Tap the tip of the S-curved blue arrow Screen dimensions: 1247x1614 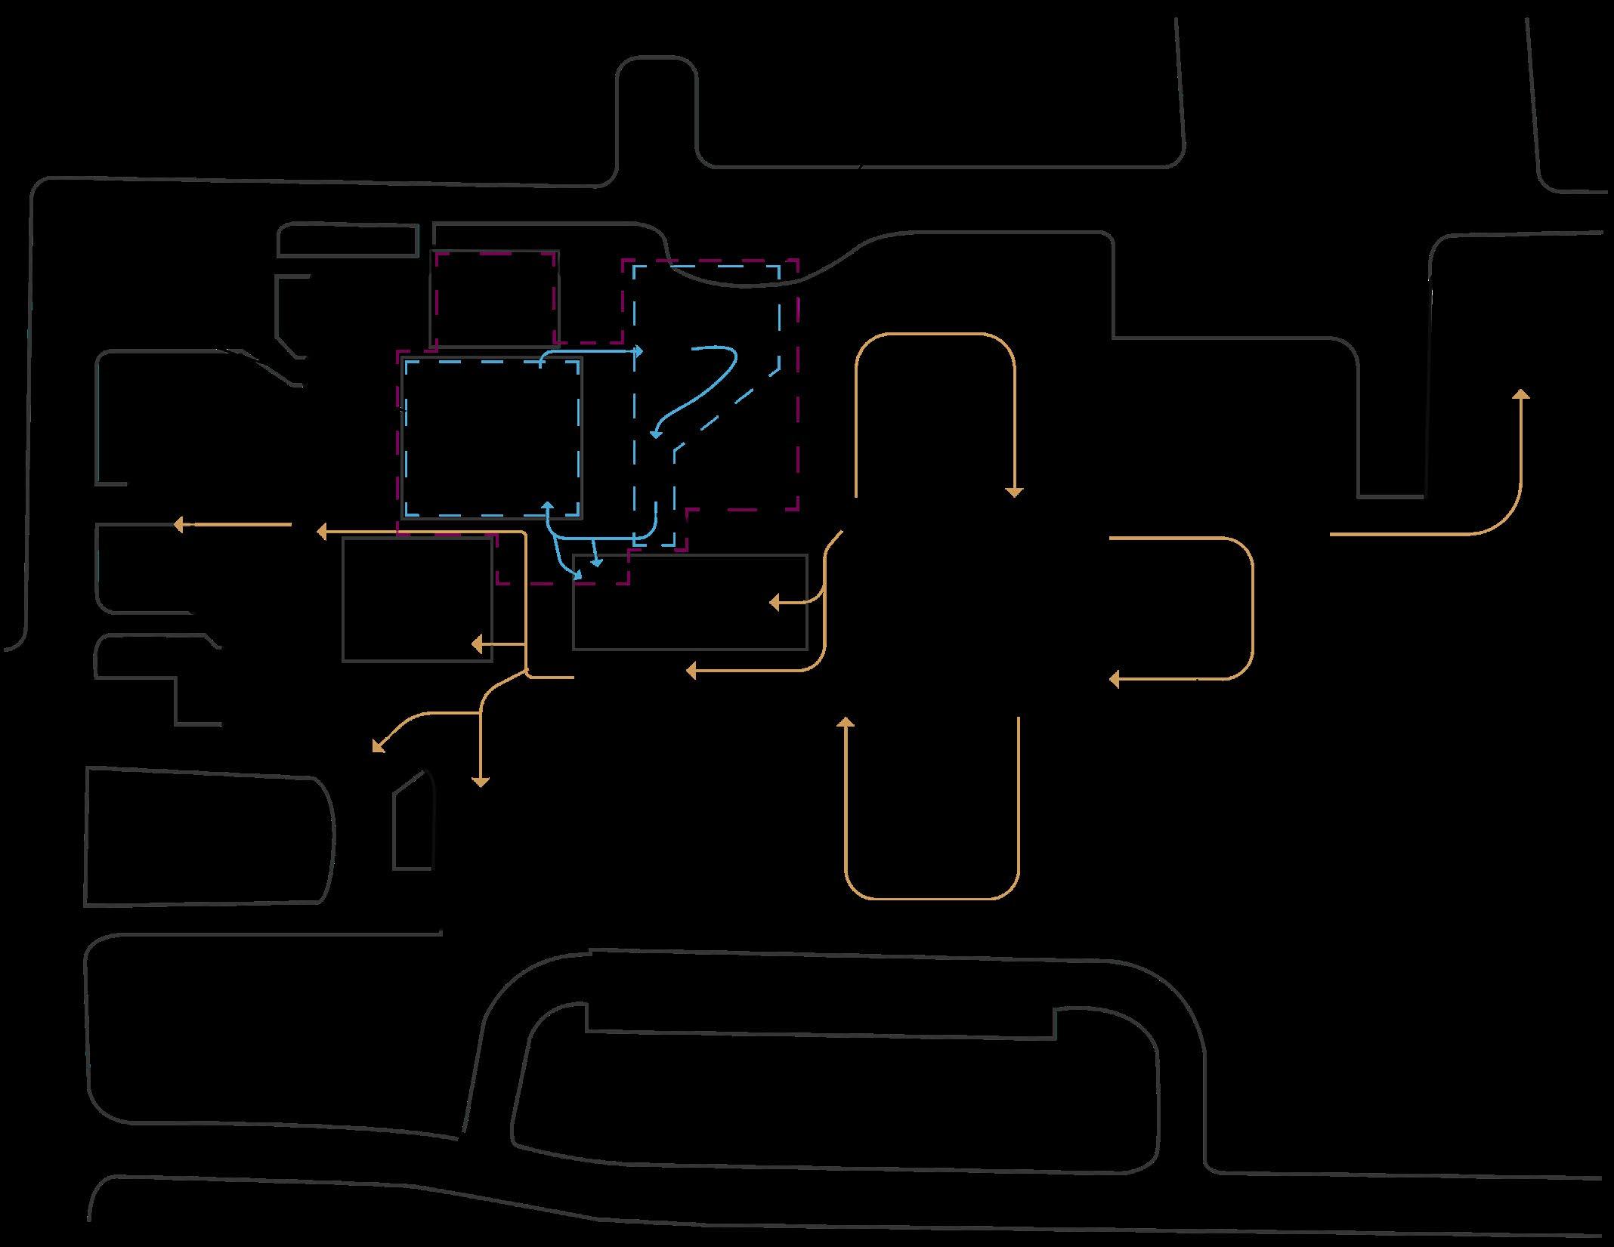(654, 434)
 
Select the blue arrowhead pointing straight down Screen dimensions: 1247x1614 (596, 563)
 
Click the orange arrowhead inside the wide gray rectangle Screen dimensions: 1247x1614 (773, 602)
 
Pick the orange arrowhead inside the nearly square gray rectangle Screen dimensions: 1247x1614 (475, 644)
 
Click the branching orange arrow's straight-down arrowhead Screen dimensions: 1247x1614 (480, 783)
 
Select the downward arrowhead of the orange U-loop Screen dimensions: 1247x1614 (1014, 493)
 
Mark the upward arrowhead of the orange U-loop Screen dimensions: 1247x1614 (846, 721)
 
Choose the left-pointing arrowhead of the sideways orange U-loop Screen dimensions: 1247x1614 (1113, 679)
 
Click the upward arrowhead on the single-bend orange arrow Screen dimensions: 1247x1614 (1521, 394)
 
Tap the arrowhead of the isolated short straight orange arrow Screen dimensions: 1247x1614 (178, 524)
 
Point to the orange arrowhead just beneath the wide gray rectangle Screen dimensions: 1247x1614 (690, 670)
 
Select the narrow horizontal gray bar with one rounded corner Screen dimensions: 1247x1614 (348, 240)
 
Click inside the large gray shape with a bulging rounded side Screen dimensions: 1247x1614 (208, 837)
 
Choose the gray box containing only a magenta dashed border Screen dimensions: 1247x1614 (495, 299)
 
